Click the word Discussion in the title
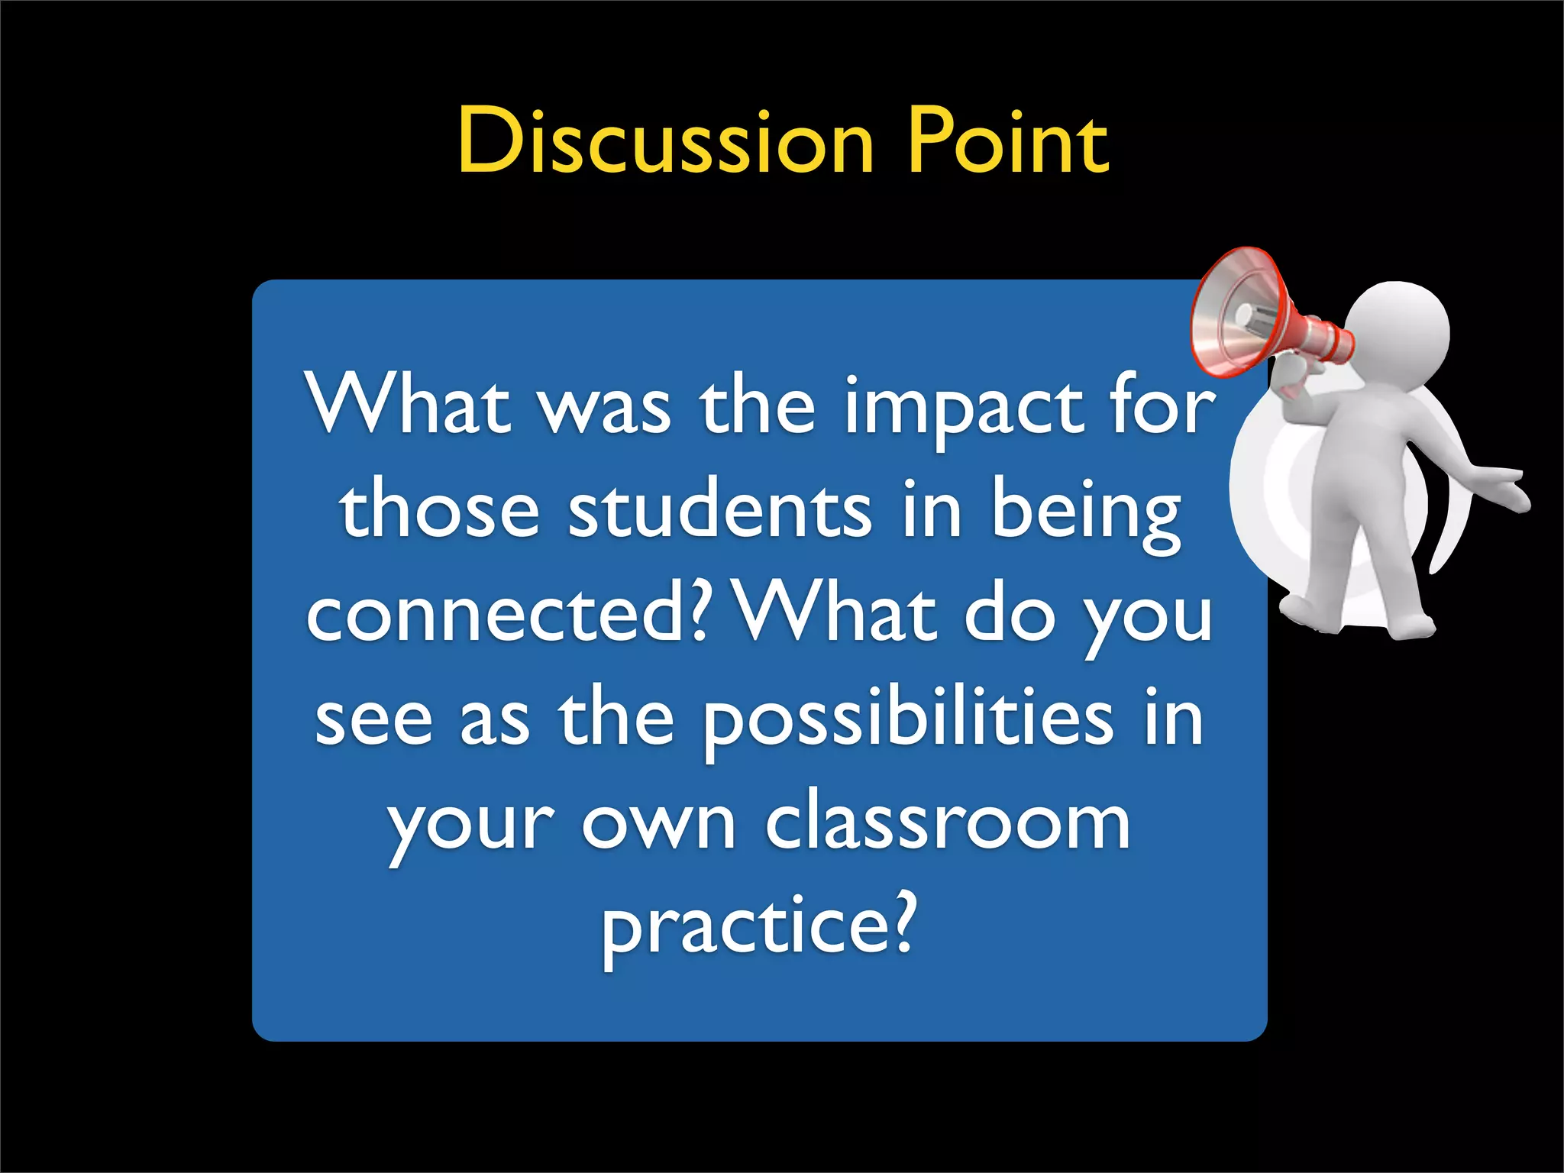point(665,141)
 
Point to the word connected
point(504,615)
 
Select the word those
point(440,511)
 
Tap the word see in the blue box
point(373,722)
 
